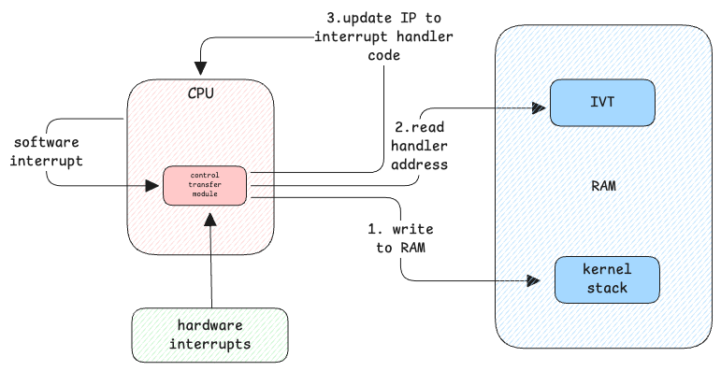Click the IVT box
coord(602,103)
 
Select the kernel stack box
coord(607,280)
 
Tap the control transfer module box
coord(205,185)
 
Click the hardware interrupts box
coord(210,335)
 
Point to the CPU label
coord(201,93)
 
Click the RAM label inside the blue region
coord(603,186)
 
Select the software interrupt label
coord(47,151)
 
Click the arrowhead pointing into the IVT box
coord(539,108)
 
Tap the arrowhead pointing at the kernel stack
coord(533,280)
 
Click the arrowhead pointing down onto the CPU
coord(200,68)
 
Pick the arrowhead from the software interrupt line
coord(152,186)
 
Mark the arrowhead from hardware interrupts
coord(210,220)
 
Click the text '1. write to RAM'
coord(400,238)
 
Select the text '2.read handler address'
coord(419,146)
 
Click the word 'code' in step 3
coord(384,55)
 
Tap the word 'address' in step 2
coord(419,164)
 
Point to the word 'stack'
coord(607,288)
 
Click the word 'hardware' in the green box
coord(210,325)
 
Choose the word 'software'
coord(47,142)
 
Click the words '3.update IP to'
coord(384,19)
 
